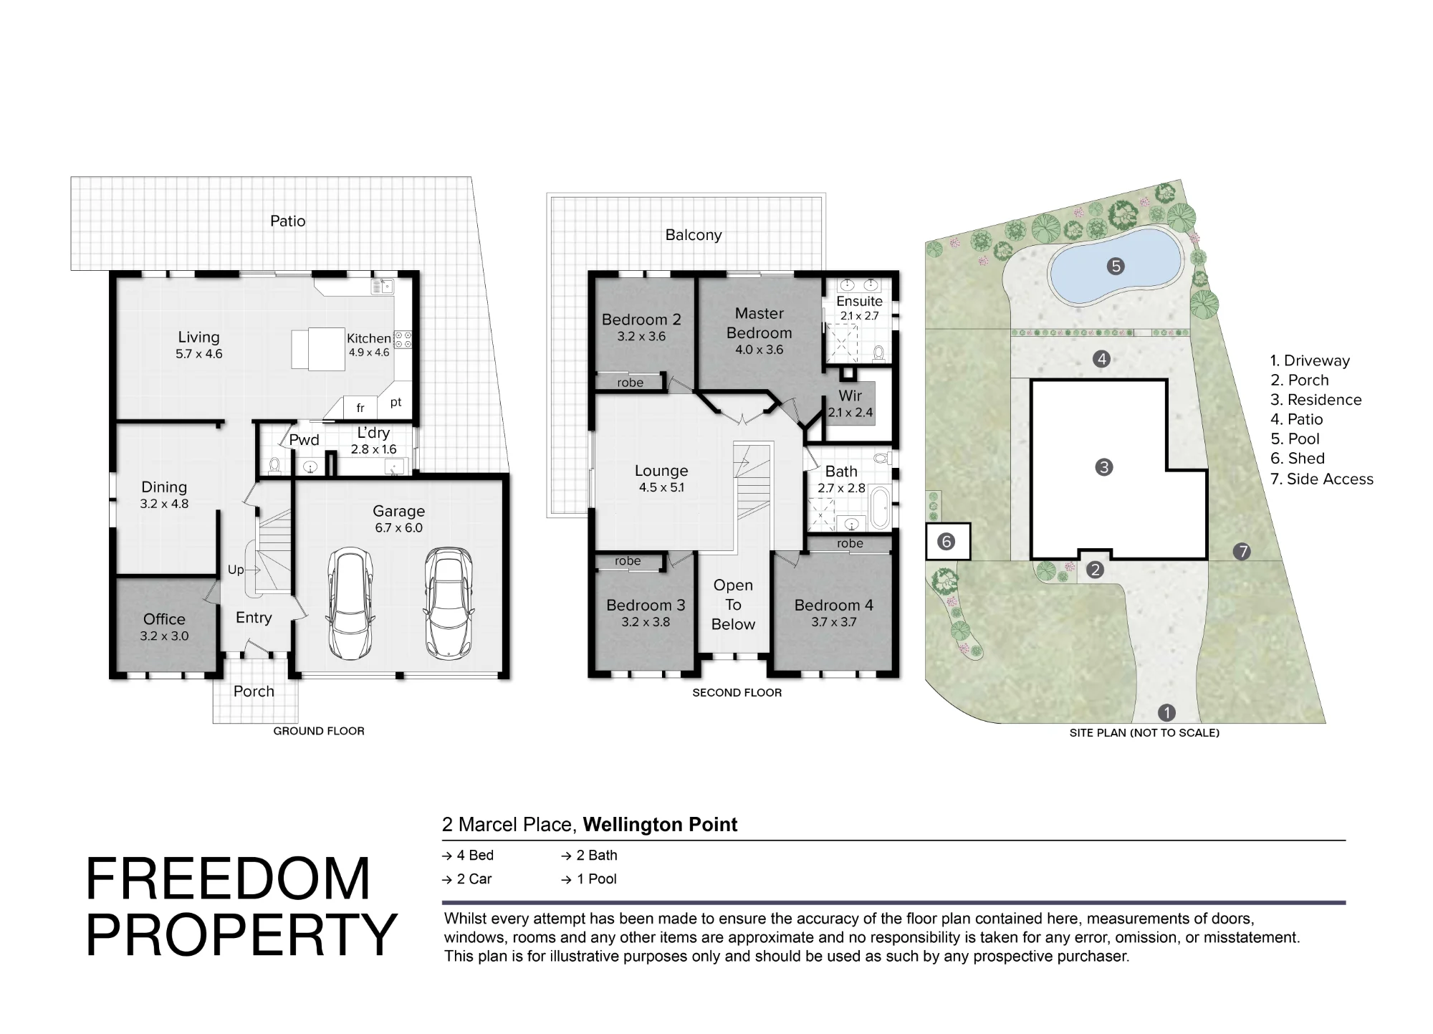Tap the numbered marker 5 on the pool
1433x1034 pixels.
coord(1116,267)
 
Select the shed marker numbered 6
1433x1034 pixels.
coord(946,542)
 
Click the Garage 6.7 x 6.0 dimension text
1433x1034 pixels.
coord(398,528)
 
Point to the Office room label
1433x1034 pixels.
coord(164,619)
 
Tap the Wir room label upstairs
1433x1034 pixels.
coord(850,396)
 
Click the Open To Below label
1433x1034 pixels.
coord(733,605)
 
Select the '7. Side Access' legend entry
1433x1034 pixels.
coord(1322,479)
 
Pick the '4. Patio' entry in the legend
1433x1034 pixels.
coord(1297,419)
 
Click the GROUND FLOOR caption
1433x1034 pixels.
coord(319,731)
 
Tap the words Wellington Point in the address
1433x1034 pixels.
coord(660,825)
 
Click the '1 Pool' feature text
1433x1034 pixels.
coord(597,879)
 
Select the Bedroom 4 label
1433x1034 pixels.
coord(834,605)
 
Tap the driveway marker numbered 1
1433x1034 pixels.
coord(1166,712)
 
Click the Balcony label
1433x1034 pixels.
coord(694,235)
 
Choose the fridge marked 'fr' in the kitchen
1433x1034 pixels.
coord(360,408)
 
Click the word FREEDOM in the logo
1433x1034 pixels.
coord(228,879)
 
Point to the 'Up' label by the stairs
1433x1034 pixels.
coord(235,570)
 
